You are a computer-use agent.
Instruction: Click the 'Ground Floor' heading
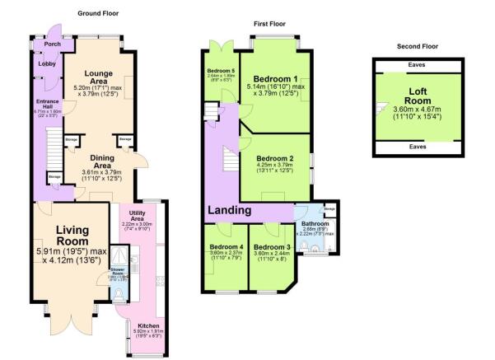100,14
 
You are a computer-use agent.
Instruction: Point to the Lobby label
48,63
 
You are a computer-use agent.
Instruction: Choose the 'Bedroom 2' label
274,158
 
